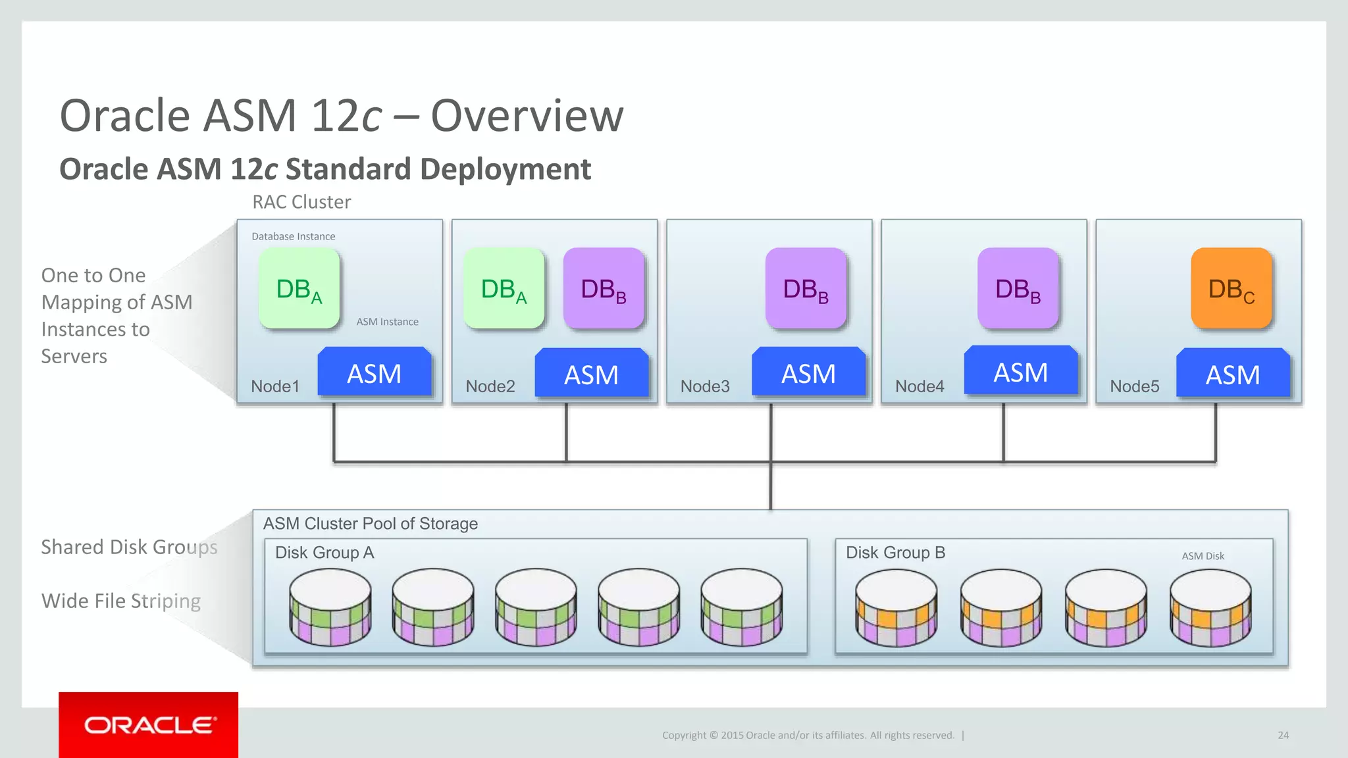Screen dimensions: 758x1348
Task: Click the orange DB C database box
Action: pos(1231,288)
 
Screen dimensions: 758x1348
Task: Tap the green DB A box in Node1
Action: pos(299,288)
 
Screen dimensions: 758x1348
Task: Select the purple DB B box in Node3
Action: pos(806,288)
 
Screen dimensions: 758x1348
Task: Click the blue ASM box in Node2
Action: pos(591,374)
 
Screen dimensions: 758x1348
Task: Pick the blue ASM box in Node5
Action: pos(1233,374)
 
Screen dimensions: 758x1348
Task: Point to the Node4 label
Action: pos(920,386)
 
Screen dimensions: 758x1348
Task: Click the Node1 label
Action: pos(275,386)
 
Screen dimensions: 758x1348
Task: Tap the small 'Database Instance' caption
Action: pos(293,236)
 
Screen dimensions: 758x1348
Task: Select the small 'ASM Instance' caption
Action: pos(387,322)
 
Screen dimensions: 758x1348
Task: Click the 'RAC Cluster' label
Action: pos(301,202)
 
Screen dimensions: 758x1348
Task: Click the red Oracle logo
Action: pos(148,724)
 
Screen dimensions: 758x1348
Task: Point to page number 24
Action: pos(1283,735)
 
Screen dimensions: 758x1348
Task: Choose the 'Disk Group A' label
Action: pos(324,552)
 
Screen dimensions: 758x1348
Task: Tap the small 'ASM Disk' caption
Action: pos(1203,556)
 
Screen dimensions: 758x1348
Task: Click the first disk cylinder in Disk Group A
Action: pos(330,607)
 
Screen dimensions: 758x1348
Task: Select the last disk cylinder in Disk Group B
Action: pos(1210,607)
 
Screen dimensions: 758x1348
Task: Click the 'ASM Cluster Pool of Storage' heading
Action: pos(371,524)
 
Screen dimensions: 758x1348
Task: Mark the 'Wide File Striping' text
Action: pos(121,601)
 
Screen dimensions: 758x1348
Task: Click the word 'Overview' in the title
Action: pos(527,116)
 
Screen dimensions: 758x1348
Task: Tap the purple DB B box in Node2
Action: pos(604,288)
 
